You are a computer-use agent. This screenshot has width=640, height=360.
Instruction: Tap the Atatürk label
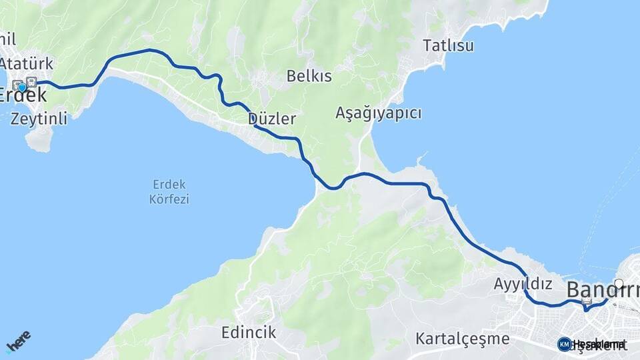point(27,64)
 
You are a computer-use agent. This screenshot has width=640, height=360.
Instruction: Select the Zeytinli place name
point(39,119)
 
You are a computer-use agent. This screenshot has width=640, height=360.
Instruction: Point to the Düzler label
point(271,119)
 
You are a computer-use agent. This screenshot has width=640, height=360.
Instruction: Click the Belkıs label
point(309,76)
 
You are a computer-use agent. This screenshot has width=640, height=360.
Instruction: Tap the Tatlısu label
point(448,45)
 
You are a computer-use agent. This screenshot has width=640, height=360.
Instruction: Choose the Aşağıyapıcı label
point(378,113)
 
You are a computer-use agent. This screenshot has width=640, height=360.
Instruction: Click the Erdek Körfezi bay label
point(170,191)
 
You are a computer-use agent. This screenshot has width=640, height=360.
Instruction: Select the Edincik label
point(249,332)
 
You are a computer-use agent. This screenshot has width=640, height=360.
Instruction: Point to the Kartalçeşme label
point(462,339)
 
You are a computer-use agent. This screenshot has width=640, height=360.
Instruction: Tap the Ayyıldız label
point(523,284)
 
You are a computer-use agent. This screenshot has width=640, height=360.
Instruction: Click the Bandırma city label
point(602,290)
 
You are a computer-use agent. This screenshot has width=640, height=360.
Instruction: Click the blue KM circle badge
point(564,344)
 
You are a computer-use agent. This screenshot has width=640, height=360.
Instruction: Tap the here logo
point(18,341)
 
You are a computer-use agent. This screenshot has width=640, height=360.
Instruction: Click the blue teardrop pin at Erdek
point(22,87)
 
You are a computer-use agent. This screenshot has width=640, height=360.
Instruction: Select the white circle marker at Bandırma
point(619,283)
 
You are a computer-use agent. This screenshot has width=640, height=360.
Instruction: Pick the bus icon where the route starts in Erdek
point(31,82)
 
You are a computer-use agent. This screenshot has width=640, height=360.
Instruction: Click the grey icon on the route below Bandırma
point(587,301)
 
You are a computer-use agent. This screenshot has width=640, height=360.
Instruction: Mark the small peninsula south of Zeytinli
point(39,139)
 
